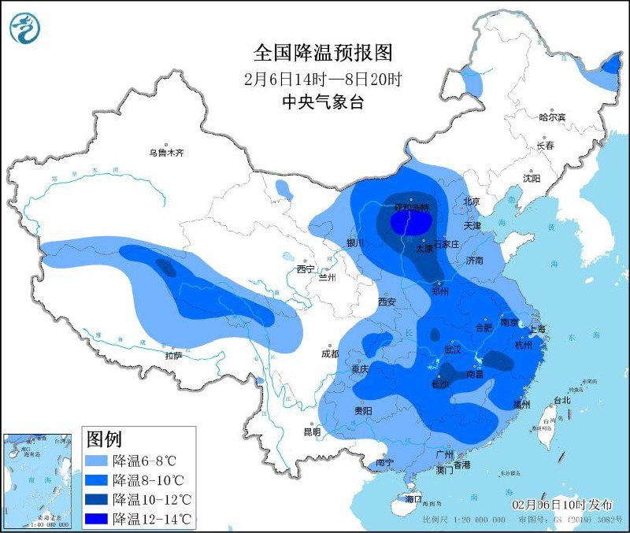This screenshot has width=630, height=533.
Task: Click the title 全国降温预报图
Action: point(322,53)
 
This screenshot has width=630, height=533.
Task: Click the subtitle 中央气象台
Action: point(322,102)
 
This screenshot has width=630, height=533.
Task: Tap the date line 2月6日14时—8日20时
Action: point(322,79)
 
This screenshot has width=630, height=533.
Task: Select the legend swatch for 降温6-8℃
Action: point(97,460)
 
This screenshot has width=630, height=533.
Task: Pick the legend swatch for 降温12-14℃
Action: point(97,518)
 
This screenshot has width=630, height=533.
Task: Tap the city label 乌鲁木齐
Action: point(167,153)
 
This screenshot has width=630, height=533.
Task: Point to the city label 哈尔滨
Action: point(552,117)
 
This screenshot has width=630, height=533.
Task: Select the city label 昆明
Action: point(312,431)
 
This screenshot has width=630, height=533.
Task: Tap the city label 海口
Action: point(413,499)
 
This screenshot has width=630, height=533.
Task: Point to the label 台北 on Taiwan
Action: point(561,400)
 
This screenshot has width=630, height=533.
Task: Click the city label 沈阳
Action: point(532,179)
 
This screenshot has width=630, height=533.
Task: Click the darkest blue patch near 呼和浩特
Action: point(408,224)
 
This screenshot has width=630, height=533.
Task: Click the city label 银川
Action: point(356,243)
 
